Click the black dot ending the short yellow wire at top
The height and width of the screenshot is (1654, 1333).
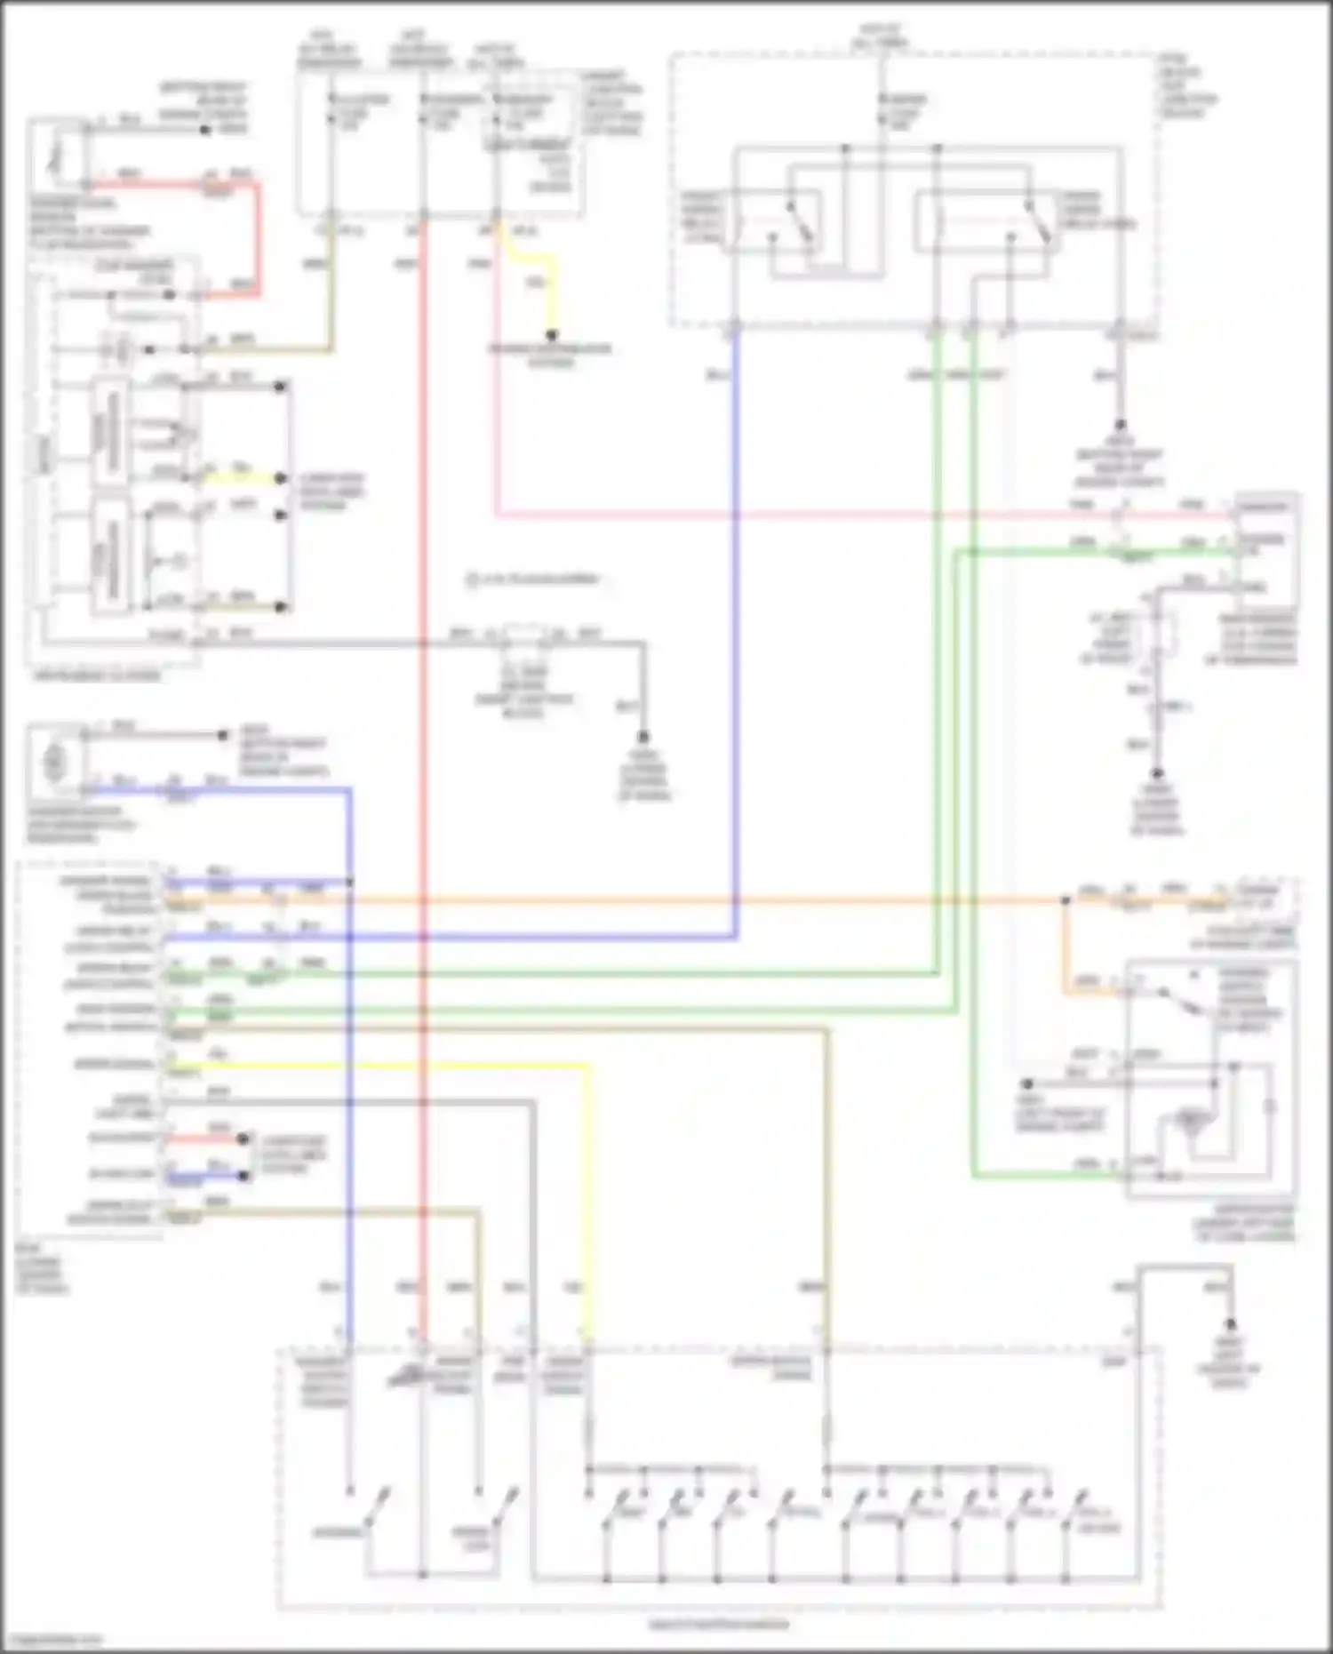coord(551,336)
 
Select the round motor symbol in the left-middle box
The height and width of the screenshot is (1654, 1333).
coord(55,761)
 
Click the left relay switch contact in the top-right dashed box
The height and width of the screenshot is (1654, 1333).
coord(799,221)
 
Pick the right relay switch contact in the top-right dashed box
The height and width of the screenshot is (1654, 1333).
coord(1036,221)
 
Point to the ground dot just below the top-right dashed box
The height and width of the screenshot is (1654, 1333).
coord(1120,426)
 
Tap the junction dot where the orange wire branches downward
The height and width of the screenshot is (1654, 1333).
coord(1065,900)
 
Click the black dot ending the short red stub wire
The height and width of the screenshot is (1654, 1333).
coord(243,1139)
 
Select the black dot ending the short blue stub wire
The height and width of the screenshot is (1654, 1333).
coord(243,1175)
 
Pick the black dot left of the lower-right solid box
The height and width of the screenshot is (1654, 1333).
coord(1026,1084)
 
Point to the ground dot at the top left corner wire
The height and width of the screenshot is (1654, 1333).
coord(205,130)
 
